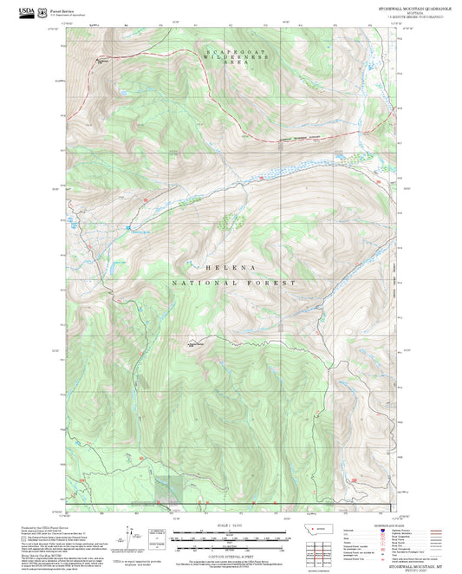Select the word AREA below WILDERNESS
pos(230,63)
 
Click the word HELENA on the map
pos(231,268)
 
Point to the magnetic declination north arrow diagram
pos(156,539)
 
